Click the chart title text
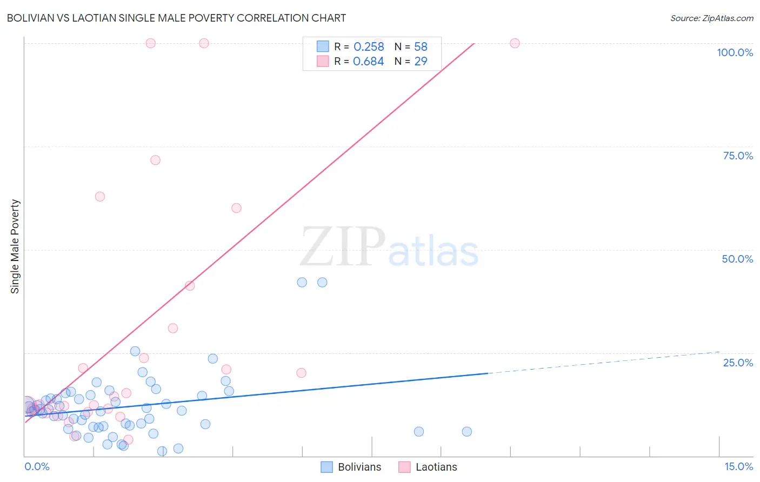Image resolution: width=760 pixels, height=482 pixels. click(x=176, y=18)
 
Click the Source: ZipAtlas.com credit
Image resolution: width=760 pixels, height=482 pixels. click(x=711, y=18)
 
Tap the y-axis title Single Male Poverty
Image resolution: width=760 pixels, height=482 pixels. click(x=15, y=246)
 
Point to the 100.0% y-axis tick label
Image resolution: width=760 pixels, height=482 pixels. click(x=735, y=52)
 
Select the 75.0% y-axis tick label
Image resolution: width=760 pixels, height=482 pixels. click(x=738, y=156)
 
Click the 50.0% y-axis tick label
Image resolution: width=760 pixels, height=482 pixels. click(x=737, y=259)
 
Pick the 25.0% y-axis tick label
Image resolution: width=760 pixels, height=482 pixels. click(x=738, y=363)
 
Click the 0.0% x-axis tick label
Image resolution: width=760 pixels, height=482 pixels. click(x=37, y=466)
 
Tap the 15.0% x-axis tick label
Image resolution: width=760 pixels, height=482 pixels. click(x=738, y=466)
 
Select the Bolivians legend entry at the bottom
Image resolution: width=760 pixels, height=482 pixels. click(x=351, y=467)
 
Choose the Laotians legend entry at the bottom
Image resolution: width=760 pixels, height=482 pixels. click(x=428, y=467)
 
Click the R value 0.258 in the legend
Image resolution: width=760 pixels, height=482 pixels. click(x=369, y=46)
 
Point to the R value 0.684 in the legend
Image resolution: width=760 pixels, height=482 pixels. click(x=369, y=61)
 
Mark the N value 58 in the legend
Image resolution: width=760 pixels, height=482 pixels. click(x=421, y=46)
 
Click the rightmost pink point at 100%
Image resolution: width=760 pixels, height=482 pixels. click(x=515, y=43)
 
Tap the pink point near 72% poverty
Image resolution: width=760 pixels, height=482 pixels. click(x=155, y=160)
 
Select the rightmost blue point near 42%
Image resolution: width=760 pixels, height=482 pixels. click(x=322, y=282)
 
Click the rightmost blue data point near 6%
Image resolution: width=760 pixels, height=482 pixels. click(x=466, y=431)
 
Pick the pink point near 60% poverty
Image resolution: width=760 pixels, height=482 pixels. click(x=236, y=208)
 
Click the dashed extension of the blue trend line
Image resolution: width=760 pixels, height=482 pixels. click(x=605, y=362)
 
